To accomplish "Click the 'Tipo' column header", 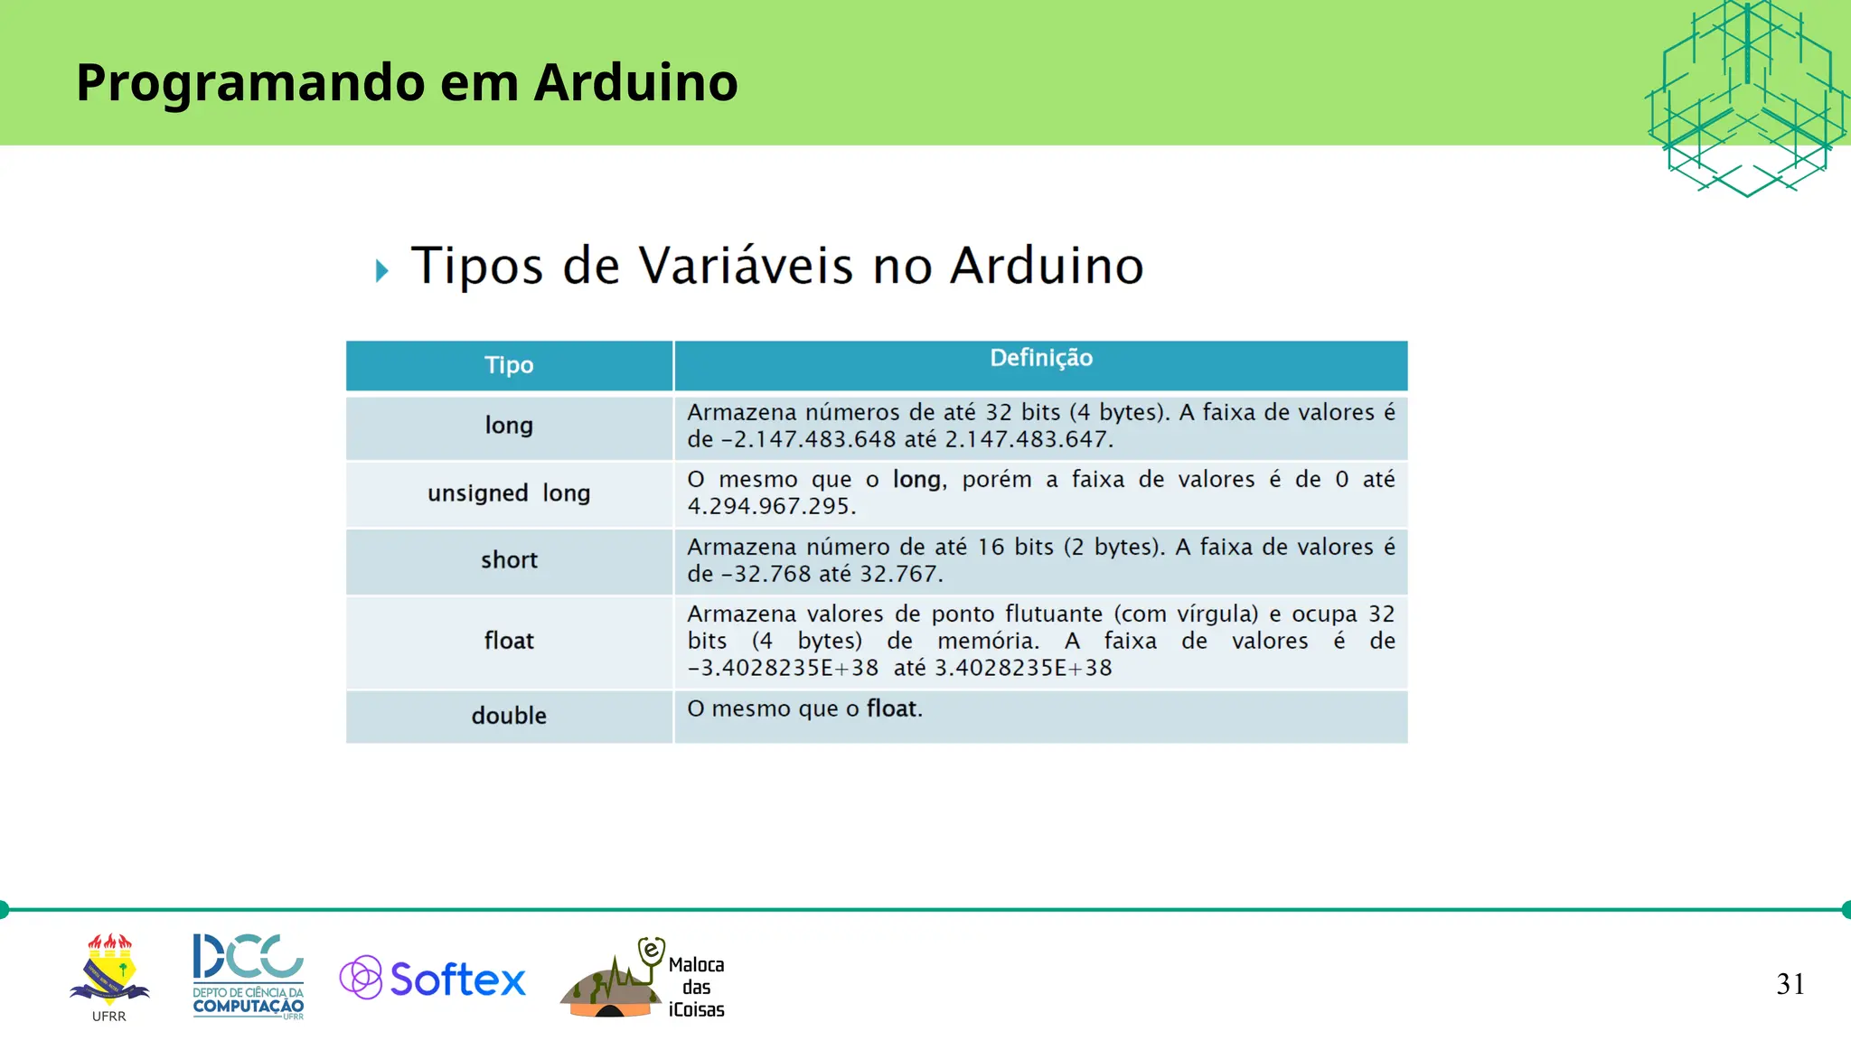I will tap(509, 365).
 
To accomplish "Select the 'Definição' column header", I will tap(1040, 359).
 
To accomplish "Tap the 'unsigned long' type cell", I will tap(509, 493).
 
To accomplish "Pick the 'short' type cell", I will tap(509, 560).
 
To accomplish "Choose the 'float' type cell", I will tap(509, 641).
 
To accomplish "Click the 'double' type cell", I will tap(509, 716).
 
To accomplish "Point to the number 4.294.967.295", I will tap(770, 506).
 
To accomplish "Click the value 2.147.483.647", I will tap(1027, 440).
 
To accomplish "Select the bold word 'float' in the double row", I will tap(891, 708).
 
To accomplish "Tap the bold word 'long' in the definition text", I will tap(916, 480).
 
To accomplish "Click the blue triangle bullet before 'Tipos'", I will tap(382, 270).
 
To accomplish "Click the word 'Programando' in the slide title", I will tap(250, 82).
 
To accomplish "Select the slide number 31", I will tap(1790, 984).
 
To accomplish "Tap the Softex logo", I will tap(433, 979).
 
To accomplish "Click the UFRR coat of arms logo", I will tap(109, 972).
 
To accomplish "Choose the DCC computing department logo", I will tap(248, 976).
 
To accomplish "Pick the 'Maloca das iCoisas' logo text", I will tap(696, 988).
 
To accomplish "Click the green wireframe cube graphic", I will tap(1745, 98).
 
